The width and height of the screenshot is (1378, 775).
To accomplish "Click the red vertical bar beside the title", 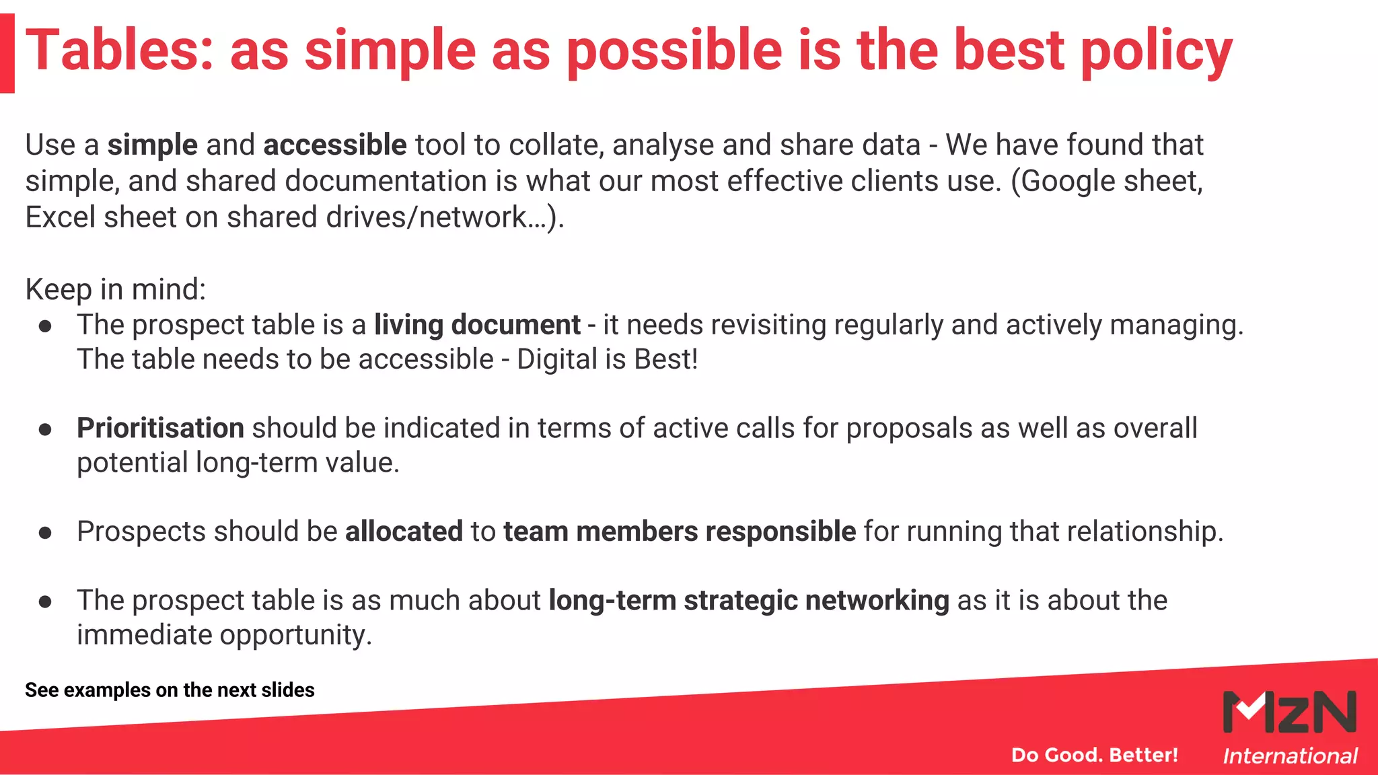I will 7,53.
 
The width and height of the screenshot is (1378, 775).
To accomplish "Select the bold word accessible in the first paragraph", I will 334,145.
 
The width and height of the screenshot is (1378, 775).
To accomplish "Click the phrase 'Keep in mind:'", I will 115,290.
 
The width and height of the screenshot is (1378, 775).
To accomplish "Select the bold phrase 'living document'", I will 477,325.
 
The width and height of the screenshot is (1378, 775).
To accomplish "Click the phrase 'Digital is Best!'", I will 607,359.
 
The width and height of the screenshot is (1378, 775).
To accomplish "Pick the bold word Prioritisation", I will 160,429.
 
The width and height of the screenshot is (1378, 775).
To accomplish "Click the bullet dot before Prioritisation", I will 45,430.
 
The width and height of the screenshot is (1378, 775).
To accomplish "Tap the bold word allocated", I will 404,531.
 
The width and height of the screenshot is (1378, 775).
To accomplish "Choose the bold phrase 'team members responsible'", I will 679,531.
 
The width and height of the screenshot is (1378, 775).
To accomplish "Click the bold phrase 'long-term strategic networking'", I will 748,601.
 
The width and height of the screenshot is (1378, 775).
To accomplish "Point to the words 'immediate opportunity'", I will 223,635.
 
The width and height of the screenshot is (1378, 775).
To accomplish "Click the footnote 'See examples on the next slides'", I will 170,690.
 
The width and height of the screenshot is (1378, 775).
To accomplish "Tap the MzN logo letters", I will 1289,712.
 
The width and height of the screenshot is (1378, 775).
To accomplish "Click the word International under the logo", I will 1290,756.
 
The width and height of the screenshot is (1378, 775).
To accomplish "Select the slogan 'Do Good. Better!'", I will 1094,755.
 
